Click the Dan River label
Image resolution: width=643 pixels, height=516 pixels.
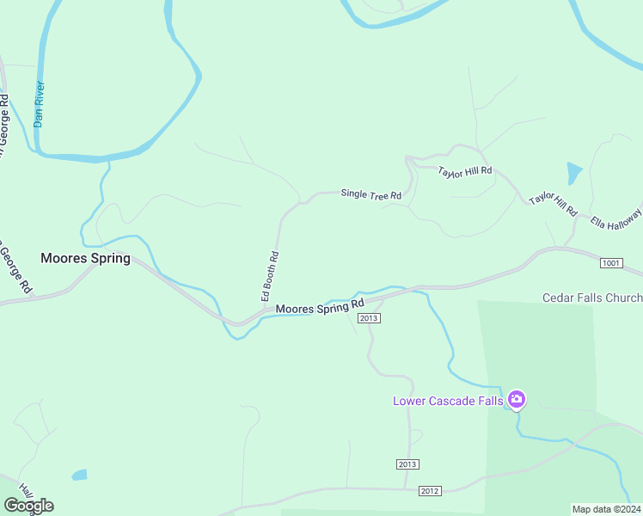coord(39,104)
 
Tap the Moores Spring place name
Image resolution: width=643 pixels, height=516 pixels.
coord(86,258)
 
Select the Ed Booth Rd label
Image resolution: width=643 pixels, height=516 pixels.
coord(270,275)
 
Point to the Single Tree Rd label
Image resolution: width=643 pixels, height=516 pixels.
coord(371,194)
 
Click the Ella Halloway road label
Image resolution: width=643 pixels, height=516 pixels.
coord(616,218)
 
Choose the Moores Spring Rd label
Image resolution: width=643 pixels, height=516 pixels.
coord(320,307)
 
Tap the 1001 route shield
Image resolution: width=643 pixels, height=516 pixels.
coord(611,262)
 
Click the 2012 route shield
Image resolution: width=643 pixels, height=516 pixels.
coord(431,491)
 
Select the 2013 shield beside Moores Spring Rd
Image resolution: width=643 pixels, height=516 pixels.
coord(370,318)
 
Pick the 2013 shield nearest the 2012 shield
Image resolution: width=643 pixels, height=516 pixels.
coord(407,464)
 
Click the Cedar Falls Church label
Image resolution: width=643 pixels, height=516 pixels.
coord(592,298)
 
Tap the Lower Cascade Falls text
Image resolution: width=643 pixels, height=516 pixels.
coord(448,401)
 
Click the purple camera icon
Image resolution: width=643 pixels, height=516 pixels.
coord(517,399)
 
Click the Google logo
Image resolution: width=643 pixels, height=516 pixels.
coord(29,505)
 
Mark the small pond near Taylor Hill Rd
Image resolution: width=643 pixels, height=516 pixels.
coord(574,172)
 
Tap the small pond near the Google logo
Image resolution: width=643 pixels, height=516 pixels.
coord(80,475)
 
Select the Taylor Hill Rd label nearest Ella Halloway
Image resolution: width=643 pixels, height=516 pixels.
coord(553,205)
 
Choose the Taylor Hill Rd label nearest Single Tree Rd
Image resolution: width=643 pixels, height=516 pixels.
coord(465,171)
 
